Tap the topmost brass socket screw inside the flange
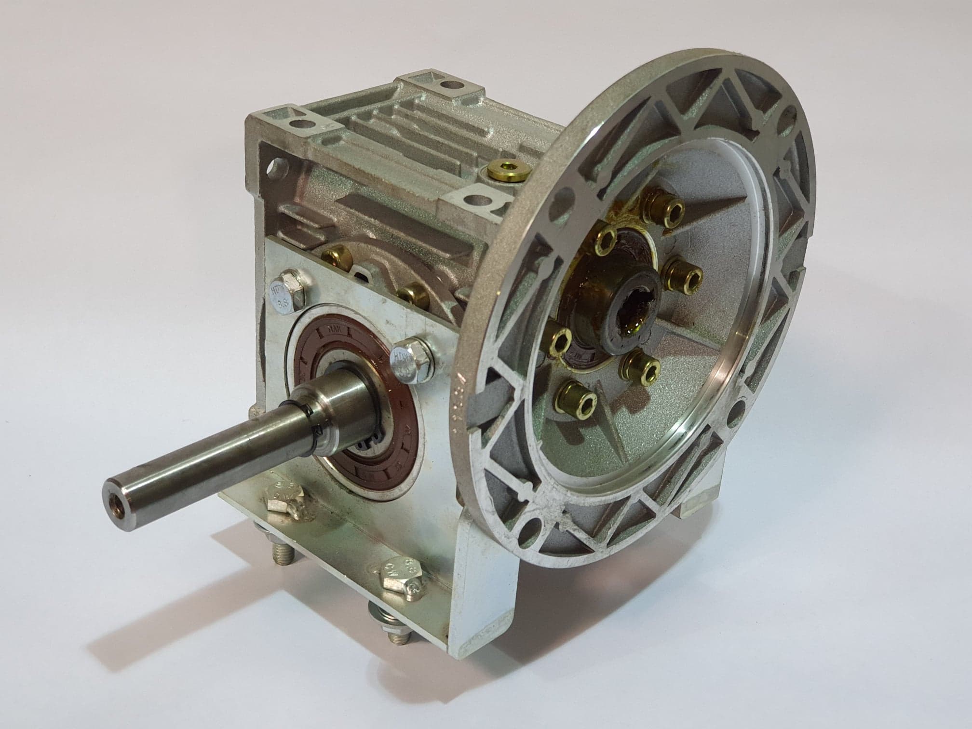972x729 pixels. tap(662, 213)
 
